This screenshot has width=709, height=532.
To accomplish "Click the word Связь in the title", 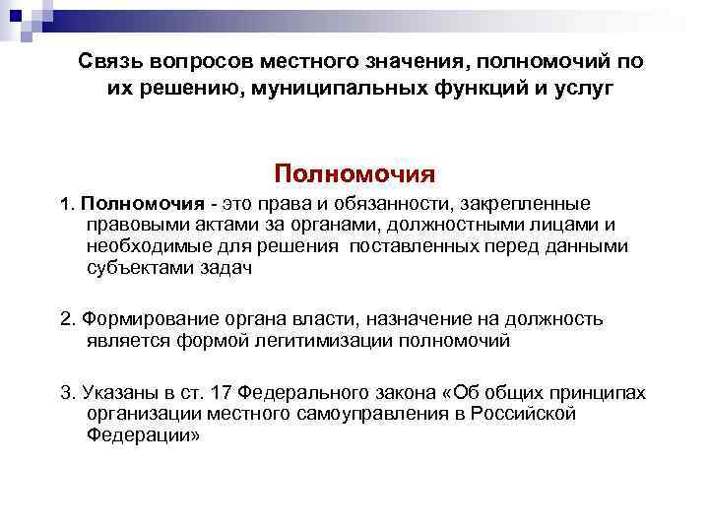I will tap(110, 62).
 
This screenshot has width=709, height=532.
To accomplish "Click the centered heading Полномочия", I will tap(354, 174).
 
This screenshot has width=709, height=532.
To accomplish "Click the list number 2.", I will tap(66, 319).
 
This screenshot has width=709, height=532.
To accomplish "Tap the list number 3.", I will tap(66, 393).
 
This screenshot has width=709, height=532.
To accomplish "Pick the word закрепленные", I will tap(521, 204).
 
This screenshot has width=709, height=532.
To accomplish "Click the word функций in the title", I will tap(468, 89).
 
